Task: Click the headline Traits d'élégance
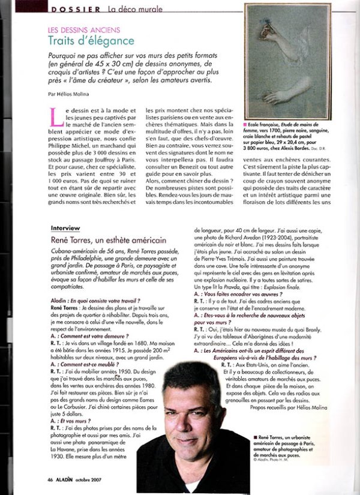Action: click(91, 41)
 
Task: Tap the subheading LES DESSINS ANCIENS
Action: click(83, 29)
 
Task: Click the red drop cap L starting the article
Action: click(56, 114)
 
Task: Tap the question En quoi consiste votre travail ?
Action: click(106, 299)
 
